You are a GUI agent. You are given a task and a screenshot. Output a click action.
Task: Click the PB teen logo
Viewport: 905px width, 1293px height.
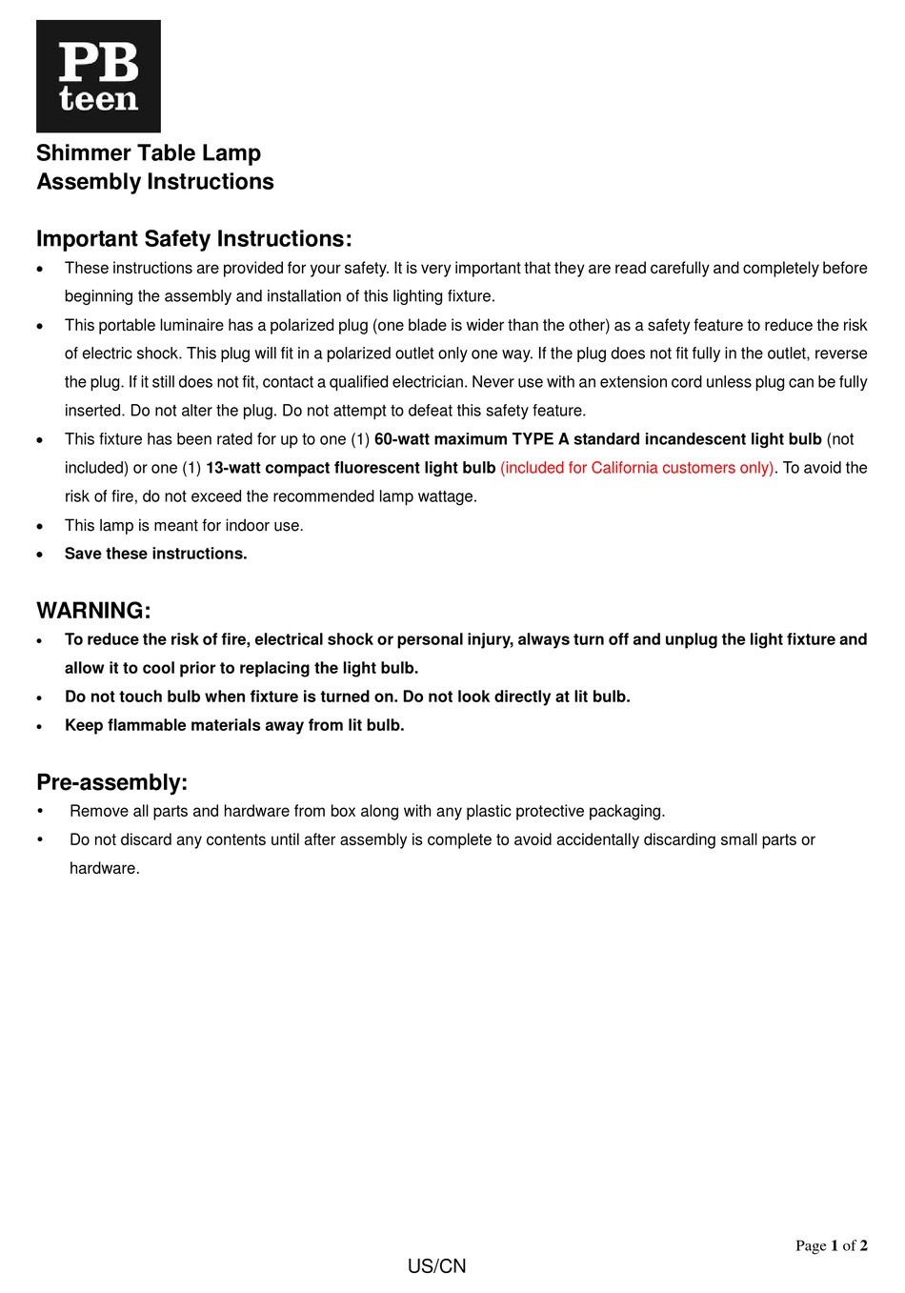click(x=98, y=76)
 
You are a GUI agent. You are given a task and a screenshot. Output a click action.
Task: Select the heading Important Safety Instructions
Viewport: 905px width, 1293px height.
click(x=194, y=239)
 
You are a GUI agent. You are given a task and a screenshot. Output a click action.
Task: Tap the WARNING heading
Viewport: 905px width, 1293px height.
click(x=93, y=611)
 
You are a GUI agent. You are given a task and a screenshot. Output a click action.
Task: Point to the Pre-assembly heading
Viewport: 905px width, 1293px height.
click(x=111, y=782)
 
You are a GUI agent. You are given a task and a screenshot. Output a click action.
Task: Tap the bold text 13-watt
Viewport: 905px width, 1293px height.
click(x=233, y=468)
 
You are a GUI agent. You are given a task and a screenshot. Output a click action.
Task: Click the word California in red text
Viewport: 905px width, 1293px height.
click(x=624, y=468)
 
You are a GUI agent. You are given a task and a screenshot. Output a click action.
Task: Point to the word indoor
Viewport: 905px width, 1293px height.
click(x=248, y=525)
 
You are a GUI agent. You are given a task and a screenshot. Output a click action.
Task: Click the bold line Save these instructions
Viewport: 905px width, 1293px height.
click(x=155, y=554)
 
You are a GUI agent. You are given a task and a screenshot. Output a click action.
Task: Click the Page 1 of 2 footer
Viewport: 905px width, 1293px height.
click(x=831, y=1245)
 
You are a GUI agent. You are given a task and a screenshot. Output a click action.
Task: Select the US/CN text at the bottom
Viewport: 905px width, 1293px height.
click(x=436, y=1266)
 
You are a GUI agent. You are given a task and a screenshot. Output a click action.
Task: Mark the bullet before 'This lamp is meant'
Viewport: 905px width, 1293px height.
click(x=40, y=526)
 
